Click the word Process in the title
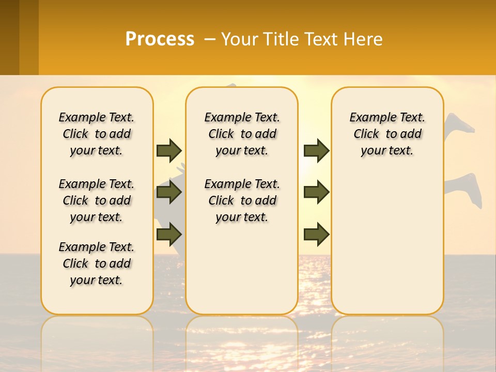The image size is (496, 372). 160,39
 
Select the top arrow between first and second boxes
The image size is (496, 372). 168,150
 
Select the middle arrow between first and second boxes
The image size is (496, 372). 168,192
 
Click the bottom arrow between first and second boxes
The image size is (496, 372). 168,234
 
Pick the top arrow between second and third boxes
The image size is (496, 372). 316,150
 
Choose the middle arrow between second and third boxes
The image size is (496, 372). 316,192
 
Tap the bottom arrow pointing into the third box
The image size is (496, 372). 316,234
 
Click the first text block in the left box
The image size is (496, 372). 97,134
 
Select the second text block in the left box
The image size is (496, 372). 97,200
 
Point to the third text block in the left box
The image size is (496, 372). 97,263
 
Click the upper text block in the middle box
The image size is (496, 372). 242,134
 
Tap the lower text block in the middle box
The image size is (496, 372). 242,200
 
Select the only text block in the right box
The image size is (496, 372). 387,134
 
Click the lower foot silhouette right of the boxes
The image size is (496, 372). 465,187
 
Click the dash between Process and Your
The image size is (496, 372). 209,39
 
